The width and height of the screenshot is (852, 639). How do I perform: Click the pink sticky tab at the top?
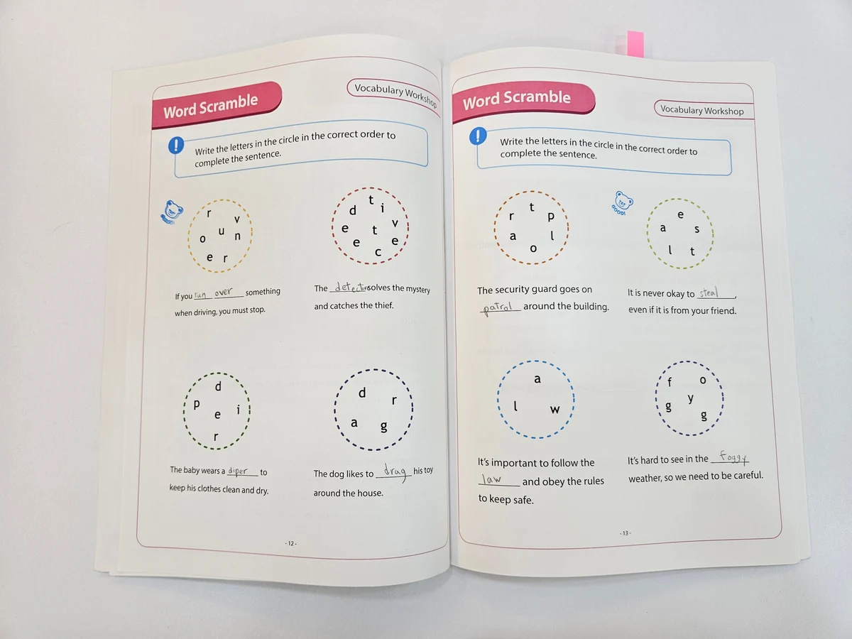tap(635, 44)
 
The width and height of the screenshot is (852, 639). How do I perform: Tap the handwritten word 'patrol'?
tap(498, 308)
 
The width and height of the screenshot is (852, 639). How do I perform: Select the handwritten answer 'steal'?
tap(709, 293)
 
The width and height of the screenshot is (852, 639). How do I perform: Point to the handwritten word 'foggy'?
tap(733, 457)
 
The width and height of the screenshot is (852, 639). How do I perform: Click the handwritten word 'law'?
tap(491, 479)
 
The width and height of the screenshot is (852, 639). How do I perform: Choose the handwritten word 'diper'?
tap(238, 471)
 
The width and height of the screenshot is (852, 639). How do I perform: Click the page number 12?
tap(290, 543)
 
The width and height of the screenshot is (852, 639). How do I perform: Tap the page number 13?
tap(625, 533)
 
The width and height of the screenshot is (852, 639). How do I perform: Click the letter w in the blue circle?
tap(555, 410)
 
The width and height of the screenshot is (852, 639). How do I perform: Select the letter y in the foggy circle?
tap(690, 399)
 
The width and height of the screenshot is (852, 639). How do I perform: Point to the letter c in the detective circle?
tap(378, 252)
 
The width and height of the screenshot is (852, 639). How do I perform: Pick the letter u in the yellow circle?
tap(222, 231)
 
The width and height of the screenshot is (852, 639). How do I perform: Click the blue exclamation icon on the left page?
tap(176, 145)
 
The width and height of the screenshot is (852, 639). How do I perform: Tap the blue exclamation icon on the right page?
tap(478, 136)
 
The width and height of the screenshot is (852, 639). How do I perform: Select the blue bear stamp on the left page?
tap(171, 212)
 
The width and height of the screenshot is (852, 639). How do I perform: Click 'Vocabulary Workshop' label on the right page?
tap(701, 110)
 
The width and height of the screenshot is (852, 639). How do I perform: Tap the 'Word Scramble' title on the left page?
tap(210, 106)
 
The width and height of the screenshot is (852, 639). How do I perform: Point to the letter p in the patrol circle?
tap(551, 217)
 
